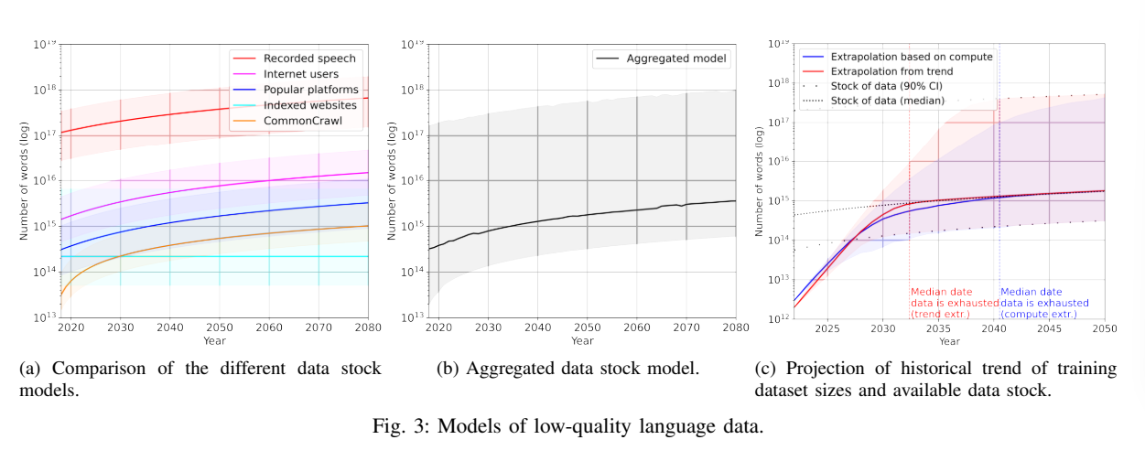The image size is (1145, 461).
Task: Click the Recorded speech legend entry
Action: point(308,58)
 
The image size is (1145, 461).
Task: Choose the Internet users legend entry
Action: point(300,73)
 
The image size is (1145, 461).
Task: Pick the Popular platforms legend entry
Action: point(309,89)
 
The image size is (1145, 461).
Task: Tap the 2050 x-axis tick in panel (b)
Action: point(587,327)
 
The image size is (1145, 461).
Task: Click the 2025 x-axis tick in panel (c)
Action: point(827,327)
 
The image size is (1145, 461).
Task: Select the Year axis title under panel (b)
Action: point(582,340)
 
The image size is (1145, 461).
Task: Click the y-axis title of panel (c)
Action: point(760,182)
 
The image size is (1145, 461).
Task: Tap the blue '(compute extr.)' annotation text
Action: point(1039,314)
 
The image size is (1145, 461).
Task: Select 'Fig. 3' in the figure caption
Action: point(401,427)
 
